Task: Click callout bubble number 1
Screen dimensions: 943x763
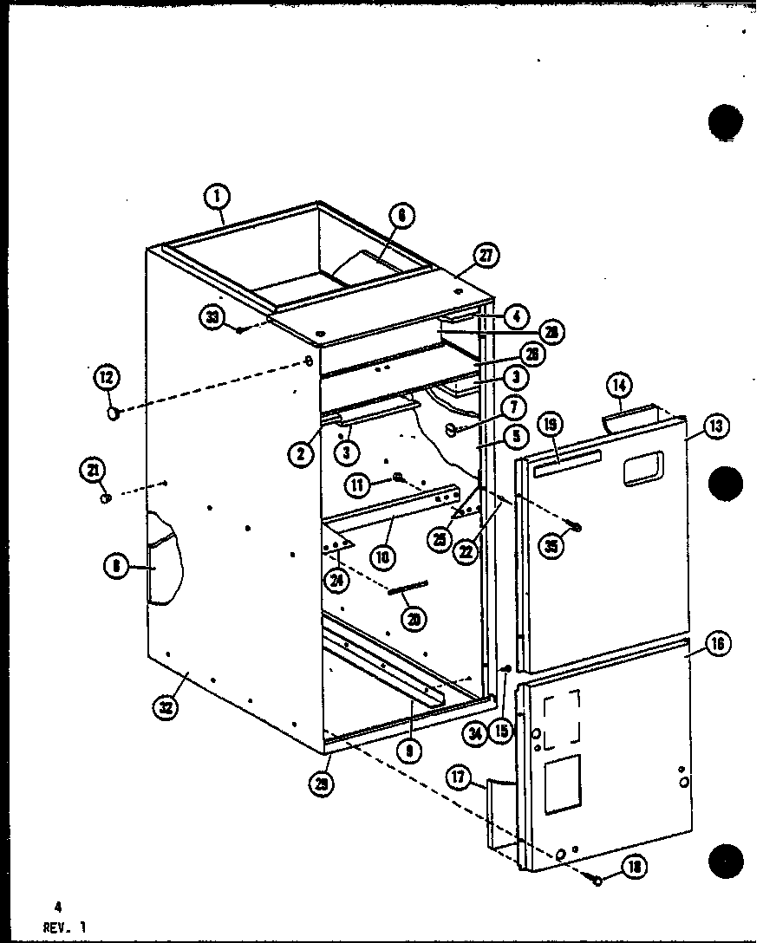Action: coord(217,198)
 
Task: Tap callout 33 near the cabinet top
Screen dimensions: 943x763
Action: coord(213,318)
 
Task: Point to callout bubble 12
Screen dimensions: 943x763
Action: coord(107,378)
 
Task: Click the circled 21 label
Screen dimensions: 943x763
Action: coord(94,471)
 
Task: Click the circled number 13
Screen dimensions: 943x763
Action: coord(717,426)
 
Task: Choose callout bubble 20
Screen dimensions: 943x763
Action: coord(414,618)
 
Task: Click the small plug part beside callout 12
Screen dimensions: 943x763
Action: coord(113,415)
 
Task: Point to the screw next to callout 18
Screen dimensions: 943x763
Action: coord(598,879)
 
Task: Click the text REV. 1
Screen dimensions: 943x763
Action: coord(63,926)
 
